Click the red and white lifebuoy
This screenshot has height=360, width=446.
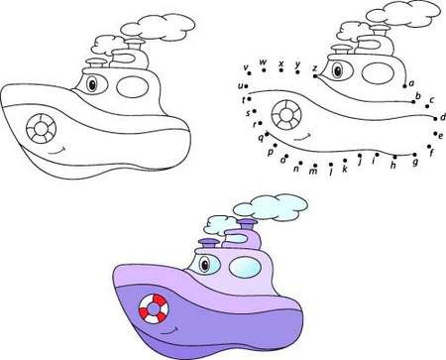pyautogui.click(x=154, y=309)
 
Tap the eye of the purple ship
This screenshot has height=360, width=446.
pyautogui.click(x=205, y=265)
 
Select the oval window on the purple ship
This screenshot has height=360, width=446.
pyautogui.click(x=245, y=267)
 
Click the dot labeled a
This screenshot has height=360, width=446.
pyautogui.click(x=404, y=86)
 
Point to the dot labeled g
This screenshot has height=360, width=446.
pyautogui.click(x=414, y=155)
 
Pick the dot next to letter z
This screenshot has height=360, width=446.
pyautogui.click(x=315, y=76)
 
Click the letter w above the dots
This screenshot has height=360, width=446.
pyautogui.click(x=263, y=61)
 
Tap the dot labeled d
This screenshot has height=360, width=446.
pyautogui.click(x=435, y=117)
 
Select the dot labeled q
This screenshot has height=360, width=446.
pyautogui.click(x=267, y=134)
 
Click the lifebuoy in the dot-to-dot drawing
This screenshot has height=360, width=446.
pyautogui.click(x=286, y=114)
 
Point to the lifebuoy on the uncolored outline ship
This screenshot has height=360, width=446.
pyautogui.click(x=41, y=129)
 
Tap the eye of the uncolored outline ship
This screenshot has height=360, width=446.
pyautogui.click(x=92, y=84)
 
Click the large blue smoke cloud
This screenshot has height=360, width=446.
pyautogui.click(x=271, y=207)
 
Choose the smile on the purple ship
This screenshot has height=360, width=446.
pyautogui.click(x=169, y=331)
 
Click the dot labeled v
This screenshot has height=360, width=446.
pyautogui.click(x=249, y=73)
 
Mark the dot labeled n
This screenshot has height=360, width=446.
pyautogui.click(x=300, y=163)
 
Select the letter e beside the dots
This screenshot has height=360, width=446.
pyautogui.click(x=440, y=136)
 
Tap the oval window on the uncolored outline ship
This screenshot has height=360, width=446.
pyautogui.click(x=132, y=86)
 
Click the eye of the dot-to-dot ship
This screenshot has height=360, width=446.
pyautogui.click(x=338, y=70)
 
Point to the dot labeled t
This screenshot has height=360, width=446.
pyautogui.click(x=249, y=99)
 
